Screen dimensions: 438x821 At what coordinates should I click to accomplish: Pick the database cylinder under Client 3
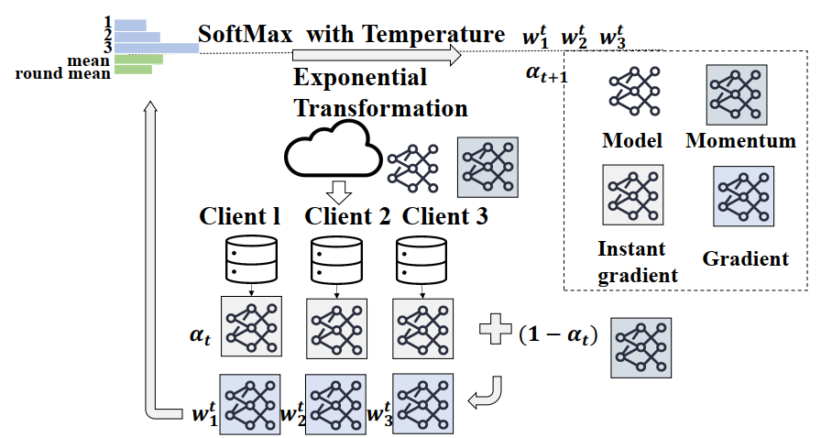[421, 260]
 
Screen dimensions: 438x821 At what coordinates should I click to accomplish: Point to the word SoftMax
[246, 35]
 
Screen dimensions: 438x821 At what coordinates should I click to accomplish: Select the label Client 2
[347, 217]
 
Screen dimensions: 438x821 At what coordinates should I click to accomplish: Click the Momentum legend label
[740, 141]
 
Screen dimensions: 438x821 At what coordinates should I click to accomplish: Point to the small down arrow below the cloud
[340, 191]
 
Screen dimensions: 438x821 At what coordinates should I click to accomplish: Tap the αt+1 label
[546, 74]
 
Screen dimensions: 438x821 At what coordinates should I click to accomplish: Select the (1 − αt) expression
[556, 334]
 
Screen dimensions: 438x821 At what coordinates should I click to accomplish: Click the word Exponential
[359, 77]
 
